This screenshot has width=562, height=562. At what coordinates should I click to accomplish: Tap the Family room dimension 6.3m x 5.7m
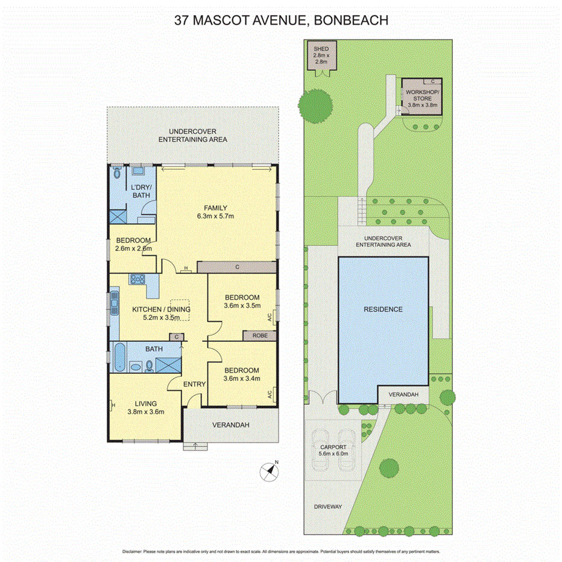[x=215, y=216]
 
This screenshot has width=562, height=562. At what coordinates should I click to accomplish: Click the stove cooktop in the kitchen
[x=137, y=279]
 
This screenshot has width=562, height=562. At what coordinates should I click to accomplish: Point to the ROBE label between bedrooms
[x=259, y=335]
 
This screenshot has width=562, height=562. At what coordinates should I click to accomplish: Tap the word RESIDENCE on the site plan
[x=382, y=309]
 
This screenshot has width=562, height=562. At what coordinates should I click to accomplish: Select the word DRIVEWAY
[x=327, y=507]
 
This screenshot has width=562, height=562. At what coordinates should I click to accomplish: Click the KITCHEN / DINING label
[x=161, y=310]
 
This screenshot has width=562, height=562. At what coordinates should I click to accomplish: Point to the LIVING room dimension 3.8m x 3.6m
[x=145, y=412]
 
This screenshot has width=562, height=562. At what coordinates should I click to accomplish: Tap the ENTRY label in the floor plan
[x=194, y=384]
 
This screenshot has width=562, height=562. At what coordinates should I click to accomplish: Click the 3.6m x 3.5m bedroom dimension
[x=242, y=306]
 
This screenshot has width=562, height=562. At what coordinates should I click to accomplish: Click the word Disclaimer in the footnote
[x=131, y=551]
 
